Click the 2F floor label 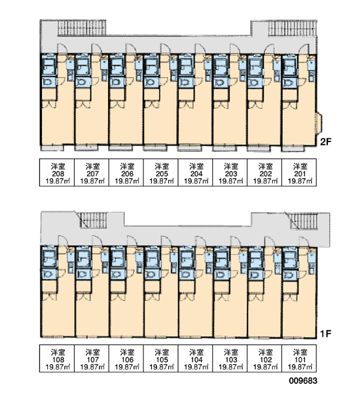point(326,142)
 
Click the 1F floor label point(326,333)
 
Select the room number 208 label point(58,174)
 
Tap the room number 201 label point(300,174)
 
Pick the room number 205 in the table point(162,174)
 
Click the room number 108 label point(58,360)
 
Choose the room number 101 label point(300,360)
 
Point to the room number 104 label point(196,360)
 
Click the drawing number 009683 point(303,381)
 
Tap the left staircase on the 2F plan point(82,28)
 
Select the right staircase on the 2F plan point(293,28)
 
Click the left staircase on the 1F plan point(93,220)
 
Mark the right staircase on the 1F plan point(304,221)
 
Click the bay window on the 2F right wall point(319,122)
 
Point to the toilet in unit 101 point(289,275)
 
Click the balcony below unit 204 point(190,148)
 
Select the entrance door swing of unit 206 point(130,48)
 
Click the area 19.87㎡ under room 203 point(231,181)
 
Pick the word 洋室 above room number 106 point(127,352)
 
